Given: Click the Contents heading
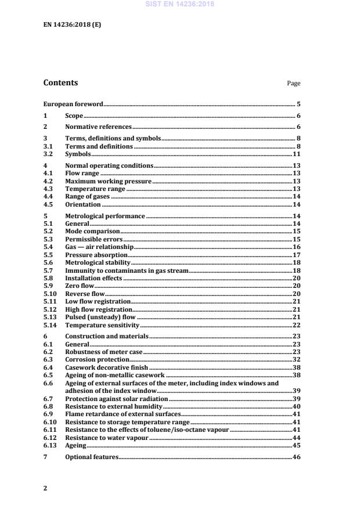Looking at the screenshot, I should pos(60,83).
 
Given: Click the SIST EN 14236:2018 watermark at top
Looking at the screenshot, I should pos(180,3).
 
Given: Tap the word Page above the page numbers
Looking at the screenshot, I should pos(293,84).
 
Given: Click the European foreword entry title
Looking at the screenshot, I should pos(73,104).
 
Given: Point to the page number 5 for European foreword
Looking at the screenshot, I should pos(298,104).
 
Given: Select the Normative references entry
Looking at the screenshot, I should pos(98,127).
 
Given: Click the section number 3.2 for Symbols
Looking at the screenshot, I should pos(48,155).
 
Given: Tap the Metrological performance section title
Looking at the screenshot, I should pos(105,216).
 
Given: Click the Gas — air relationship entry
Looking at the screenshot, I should pos(99,246).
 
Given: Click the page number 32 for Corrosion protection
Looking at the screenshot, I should pos(296,359).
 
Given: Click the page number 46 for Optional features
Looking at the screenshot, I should pos(296,458).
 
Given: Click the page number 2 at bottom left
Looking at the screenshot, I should pos(45,488).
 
